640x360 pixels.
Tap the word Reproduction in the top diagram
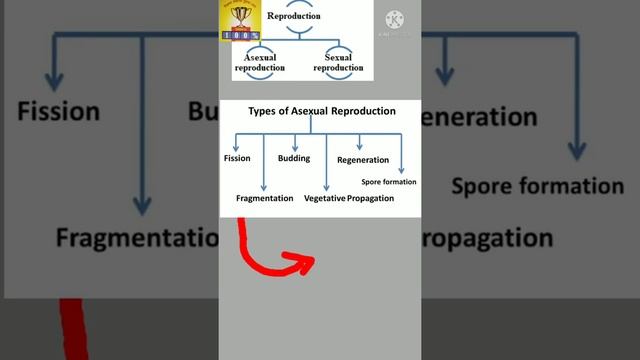[x=294, y=16]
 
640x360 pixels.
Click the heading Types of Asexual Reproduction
[x=321, y=111]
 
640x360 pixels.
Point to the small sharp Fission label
[x=237, y=158]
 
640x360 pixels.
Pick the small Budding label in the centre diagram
[x=293, y=158]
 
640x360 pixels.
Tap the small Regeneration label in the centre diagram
[x=363, y=160]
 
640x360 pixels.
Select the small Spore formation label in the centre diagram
[x=389, y=182]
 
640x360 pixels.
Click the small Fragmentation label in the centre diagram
[x=264, y=198]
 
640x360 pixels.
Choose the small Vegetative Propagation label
[x=349, y=198]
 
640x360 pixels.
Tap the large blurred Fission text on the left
[x=59, y=110]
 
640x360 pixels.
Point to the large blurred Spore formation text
[x=537, y=186]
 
